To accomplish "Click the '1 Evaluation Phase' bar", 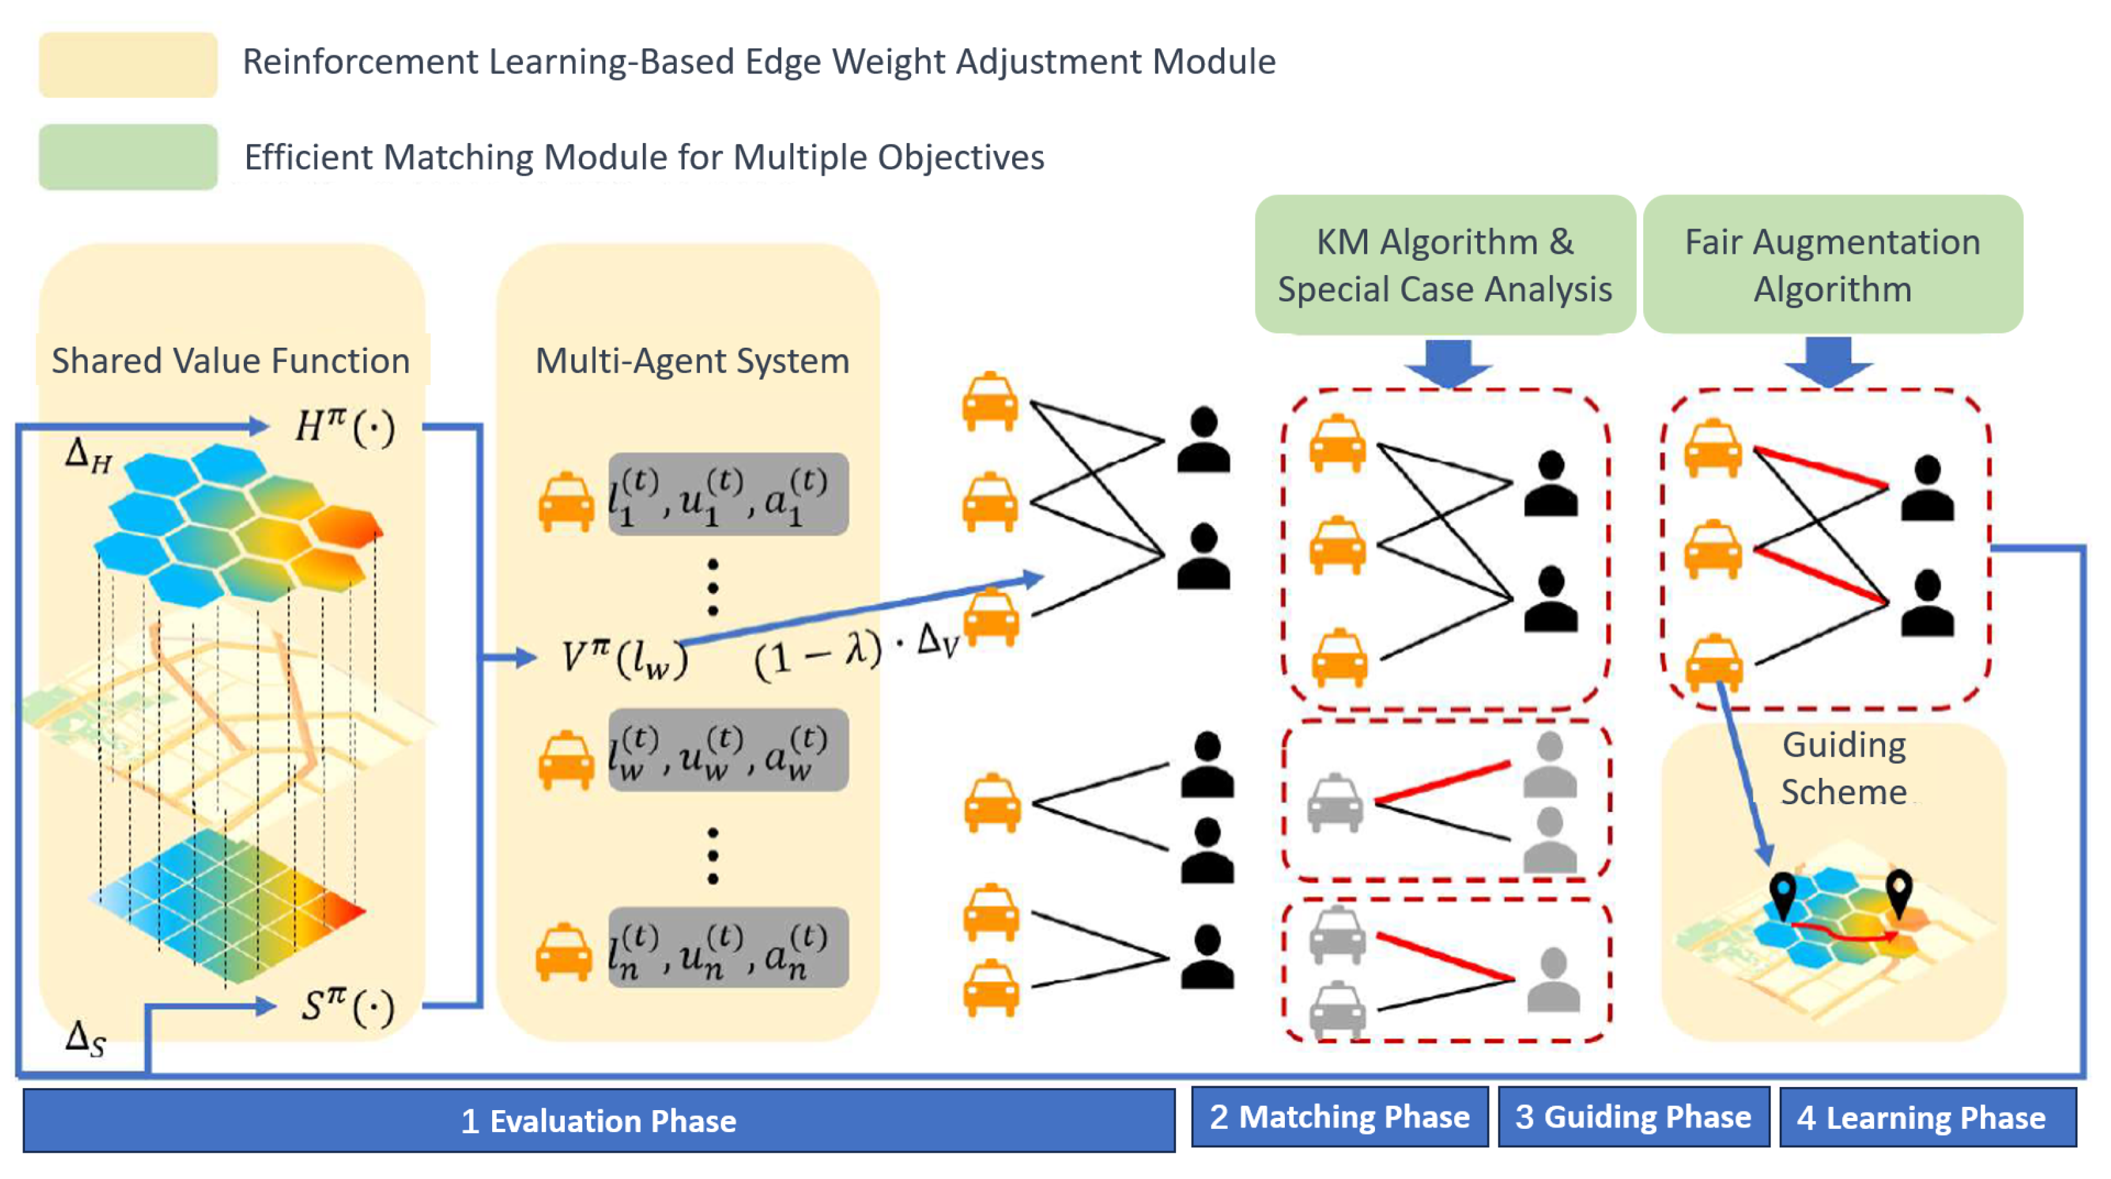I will (598, 1120).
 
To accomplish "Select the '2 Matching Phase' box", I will (1339, 1117).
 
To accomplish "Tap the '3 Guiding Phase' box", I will (1632, 1117).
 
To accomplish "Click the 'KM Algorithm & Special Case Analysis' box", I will (1444, 265).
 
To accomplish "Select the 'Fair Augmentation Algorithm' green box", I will (1832, 265).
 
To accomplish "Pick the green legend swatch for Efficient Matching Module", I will (128, 156).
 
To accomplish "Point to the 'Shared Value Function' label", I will (230, 361).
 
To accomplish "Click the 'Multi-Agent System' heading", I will (692, 361).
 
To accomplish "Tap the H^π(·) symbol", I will (344, 426).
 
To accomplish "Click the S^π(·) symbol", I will (347, 1005).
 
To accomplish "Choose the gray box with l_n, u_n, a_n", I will (728, 948).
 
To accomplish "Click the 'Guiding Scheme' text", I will (1844, 768).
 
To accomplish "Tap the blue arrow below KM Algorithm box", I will (1448, 363).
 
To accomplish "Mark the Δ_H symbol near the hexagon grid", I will (88, 456).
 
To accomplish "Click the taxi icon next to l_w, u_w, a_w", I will (566, 759).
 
